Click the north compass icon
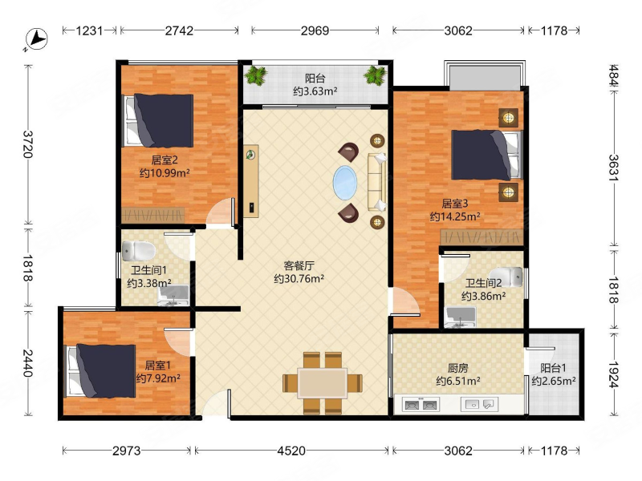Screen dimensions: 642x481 36,39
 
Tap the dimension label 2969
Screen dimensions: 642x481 315,30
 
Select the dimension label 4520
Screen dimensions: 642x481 291,451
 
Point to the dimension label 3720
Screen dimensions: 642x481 28,144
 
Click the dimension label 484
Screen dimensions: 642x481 613,75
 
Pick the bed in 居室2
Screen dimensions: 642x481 159,121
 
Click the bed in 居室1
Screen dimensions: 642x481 101,370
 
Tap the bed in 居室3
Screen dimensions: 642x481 487,155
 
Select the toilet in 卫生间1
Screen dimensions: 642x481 138,250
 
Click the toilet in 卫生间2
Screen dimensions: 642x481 506,277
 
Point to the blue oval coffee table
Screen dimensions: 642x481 345,183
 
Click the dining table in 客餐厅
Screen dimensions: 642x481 323,383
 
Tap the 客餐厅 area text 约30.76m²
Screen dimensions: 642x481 299,279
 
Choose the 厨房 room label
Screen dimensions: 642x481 457,368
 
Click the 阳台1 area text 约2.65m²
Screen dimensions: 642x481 554,382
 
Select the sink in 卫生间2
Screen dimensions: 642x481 461,317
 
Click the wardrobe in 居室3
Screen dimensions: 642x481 482,237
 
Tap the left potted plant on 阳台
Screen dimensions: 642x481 256,75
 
